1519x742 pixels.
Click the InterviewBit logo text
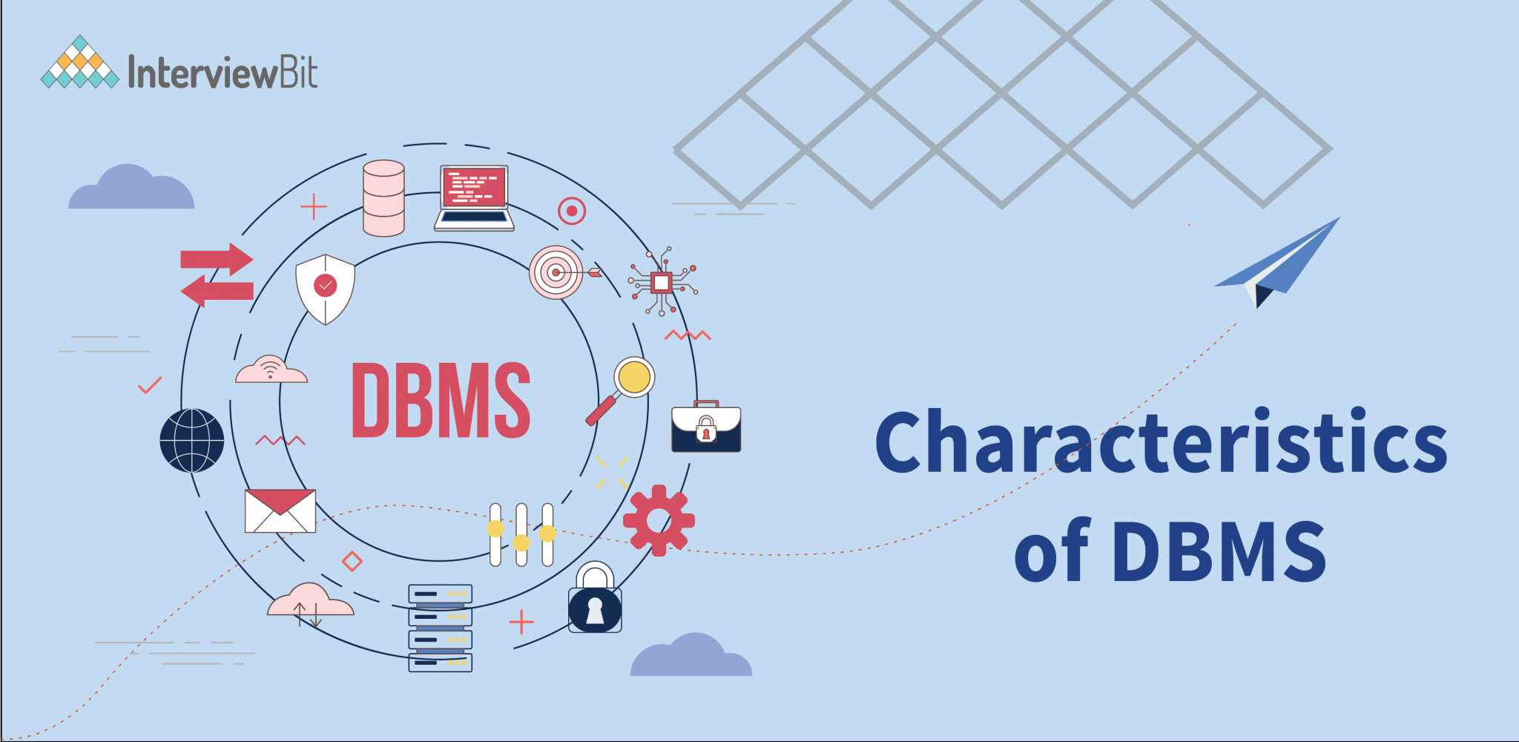tap(223, 73)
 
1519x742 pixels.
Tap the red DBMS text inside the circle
tap(441, 400)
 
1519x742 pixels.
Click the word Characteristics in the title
tap(1161, 443)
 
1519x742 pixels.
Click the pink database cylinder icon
tap(383, 198)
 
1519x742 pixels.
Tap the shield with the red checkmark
tap(325, 288)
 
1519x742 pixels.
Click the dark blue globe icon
tap(192, 441)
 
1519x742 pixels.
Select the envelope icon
tap(280, 510)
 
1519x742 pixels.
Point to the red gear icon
tap(658, 520)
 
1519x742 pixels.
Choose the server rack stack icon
tap(440, 628)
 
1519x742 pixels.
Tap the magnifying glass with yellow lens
tap(623, 388)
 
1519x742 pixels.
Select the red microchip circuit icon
tap(661, 282)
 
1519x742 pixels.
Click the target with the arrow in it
tap(558, 272)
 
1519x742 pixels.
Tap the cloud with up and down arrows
tap(310, 603)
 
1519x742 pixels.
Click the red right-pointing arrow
tap(217, 259)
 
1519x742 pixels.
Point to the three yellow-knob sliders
tap(521, 534)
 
